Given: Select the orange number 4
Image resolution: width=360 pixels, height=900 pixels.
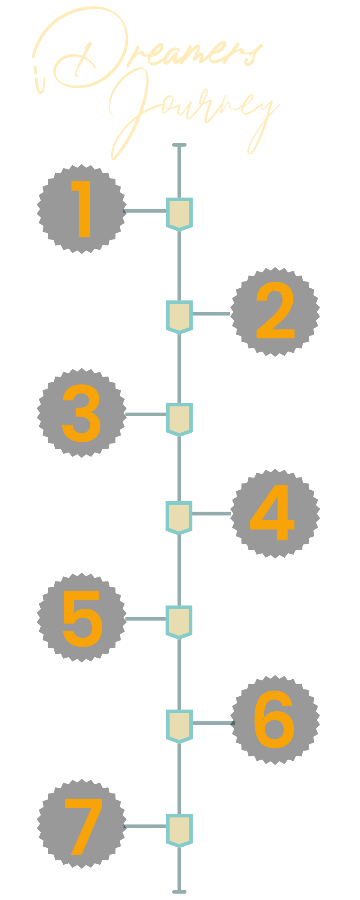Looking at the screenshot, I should [273, 513].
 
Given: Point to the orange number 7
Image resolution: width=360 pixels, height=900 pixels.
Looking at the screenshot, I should [84, 826].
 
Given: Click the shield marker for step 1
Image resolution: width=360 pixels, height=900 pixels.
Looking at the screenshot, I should [179, 213].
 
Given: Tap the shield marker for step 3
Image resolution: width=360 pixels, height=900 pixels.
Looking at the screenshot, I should [179, 419].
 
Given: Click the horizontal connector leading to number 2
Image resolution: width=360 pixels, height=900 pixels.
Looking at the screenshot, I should [212, 314].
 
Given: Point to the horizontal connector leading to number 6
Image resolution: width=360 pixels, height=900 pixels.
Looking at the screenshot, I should [214, 723].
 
